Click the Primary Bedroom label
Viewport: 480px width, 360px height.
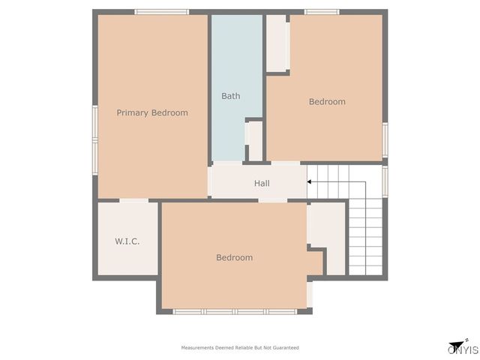point(152,112)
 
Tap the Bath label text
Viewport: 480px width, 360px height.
point(230,96)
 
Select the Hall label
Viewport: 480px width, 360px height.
point(262,183)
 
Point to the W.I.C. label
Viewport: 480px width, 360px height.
point(127,241)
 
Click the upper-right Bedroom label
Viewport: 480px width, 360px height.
point(327,101)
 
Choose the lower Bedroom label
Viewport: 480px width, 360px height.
point(234,257)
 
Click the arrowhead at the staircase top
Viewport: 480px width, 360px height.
point(309,181)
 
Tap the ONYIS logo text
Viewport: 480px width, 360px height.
point(463,349)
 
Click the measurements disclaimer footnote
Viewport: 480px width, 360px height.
point(240,348)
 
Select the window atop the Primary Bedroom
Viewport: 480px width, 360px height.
point(161,11)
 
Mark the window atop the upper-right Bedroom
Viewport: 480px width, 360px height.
point(322,11)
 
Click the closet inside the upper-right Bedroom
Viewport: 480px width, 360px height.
point(277,43)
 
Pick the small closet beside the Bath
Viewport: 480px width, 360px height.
point(255,141)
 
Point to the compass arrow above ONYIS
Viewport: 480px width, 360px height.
point(456,340)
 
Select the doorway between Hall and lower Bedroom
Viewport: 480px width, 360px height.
point(273,200)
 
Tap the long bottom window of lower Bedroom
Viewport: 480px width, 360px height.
point(235,311)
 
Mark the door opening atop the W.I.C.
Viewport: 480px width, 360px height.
point(133,200)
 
